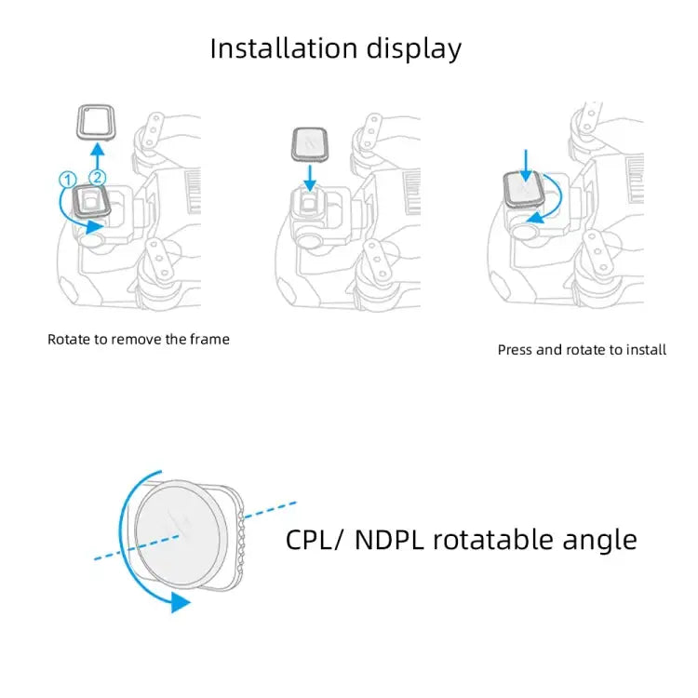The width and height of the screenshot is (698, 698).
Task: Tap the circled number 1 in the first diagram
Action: click(66, 179)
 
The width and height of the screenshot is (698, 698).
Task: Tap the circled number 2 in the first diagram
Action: click(95, 177)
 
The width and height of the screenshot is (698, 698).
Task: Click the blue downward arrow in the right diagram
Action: click(527, 165)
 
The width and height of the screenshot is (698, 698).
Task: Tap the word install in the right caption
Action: click(645, 351)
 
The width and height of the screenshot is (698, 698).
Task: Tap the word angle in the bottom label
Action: click(600, 540)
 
